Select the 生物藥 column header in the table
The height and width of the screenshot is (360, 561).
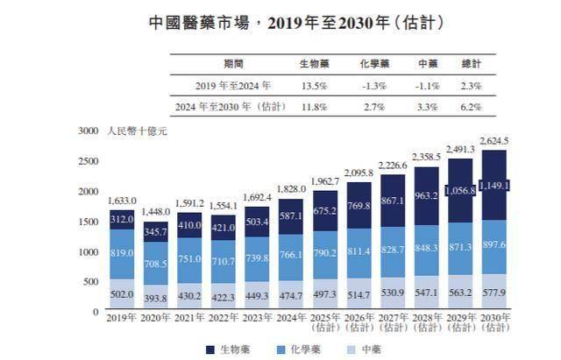(x=314, y=65)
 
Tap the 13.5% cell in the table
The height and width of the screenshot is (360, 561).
(x=314, y=85)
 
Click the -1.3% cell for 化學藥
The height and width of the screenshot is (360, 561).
(x=374, y=85)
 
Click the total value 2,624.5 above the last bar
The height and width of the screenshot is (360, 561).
(x=495, y=140)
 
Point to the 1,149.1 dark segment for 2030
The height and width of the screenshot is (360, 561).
(x=495, y=186)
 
